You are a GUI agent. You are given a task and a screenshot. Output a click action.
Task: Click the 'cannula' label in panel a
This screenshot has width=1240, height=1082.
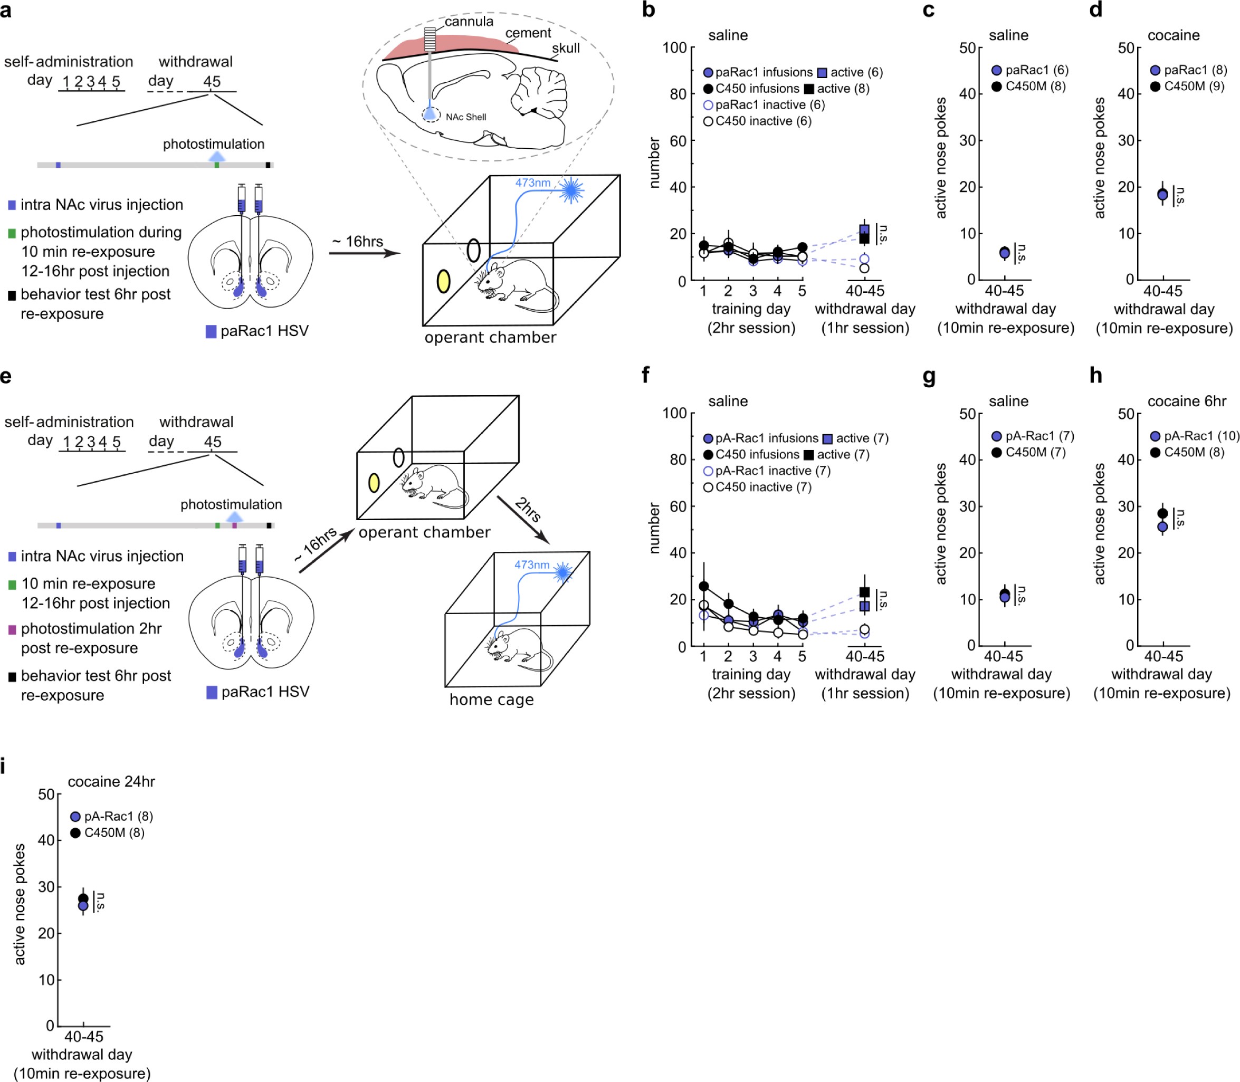pyautogui.click(x=469, y=22)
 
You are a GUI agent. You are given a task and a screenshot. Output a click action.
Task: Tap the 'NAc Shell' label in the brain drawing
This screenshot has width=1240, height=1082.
pyautogui.click(x=466, y=117)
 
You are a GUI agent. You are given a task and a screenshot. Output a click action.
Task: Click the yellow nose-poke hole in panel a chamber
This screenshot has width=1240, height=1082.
pyautogui.click(x=443, y=281)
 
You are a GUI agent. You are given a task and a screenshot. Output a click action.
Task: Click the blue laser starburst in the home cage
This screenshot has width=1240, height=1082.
pyautogui.click(x=563, y=572)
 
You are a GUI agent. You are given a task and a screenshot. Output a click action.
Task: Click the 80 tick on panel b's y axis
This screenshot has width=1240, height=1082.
pyautogui.click(x=679, y=94)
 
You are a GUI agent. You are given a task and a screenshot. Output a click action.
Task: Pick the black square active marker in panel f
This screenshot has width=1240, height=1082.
pyautogui.click(x=864, y=592)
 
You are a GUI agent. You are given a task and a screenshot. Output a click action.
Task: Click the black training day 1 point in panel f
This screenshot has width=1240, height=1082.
pyautogui.click(x=704, y=586)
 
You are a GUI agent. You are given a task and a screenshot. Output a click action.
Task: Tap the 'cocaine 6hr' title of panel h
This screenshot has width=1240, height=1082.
pyautogui.click(x=1186, y=401)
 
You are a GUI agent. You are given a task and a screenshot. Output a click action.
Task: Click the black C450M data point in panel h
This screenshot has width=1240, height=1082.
pyautogui.click(x=1162, y=514)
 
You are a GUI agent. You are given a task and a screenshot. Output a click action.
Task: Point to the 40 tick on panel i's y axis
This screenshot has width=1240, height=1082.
pyautogui.click(x=46, y=840)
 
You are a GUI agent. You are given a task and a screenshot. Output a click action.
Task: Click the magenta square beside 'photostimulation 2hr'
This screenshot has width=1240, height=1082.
pyautogui.click(x=12, y=630)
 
